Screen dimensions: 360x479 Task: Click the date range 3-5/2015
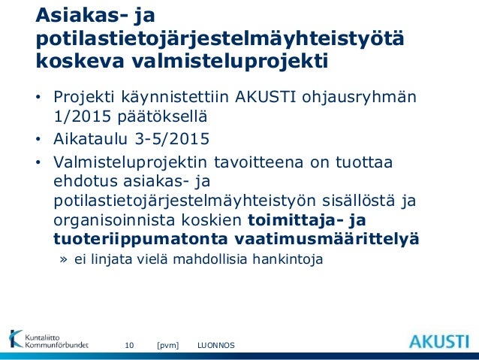175,139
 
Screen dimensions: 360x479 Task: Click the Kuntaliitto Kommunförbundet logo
48,340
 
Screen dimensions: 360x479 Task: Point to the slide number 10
128,345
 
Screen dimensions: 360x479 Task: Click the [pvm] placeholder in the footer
167,345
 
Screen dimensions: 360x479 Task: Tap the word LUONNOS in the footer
215,345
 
